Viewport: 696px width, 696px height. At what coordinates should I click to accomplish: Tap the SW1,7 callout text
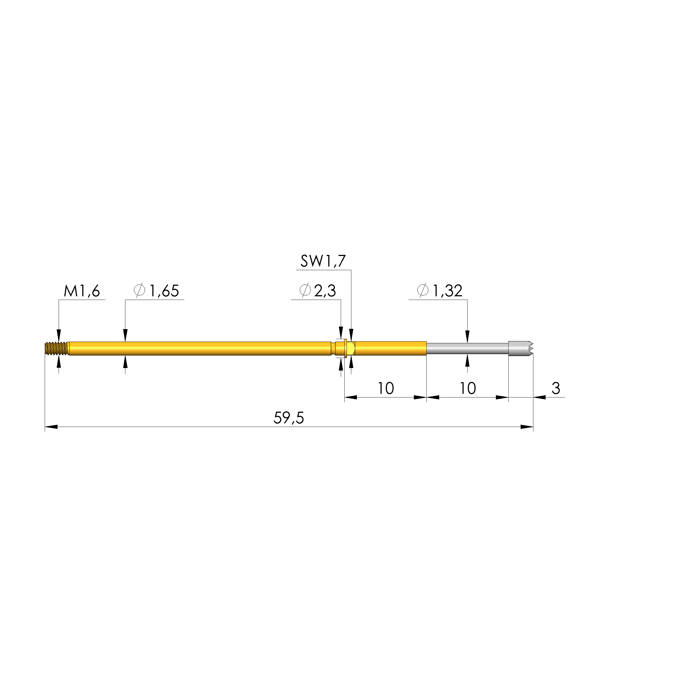(323, 261)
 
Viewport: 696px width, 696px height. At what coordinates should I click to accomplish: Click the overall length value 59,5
(289, 418)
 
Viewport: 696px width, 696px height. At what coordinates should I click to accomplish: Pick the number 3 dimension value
(556, 388)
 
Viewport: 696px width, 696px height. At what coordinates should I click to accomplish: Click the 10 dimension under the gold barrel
(386, 388)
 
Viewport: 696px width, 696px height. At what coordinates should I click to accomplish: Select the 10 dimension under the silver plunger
(468, 388)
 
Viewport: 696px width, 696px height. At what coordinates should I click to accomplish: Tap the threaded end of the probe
(56, 349)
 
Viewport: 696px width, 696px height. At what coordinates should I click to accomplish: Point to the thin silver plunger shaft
(467, 349)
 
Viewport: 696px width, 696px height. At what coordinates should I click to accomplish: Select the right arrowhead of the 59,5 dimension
(527, 427)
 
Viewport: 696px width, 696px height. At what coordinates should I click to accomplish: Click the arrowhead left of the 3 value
(540, 397)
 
